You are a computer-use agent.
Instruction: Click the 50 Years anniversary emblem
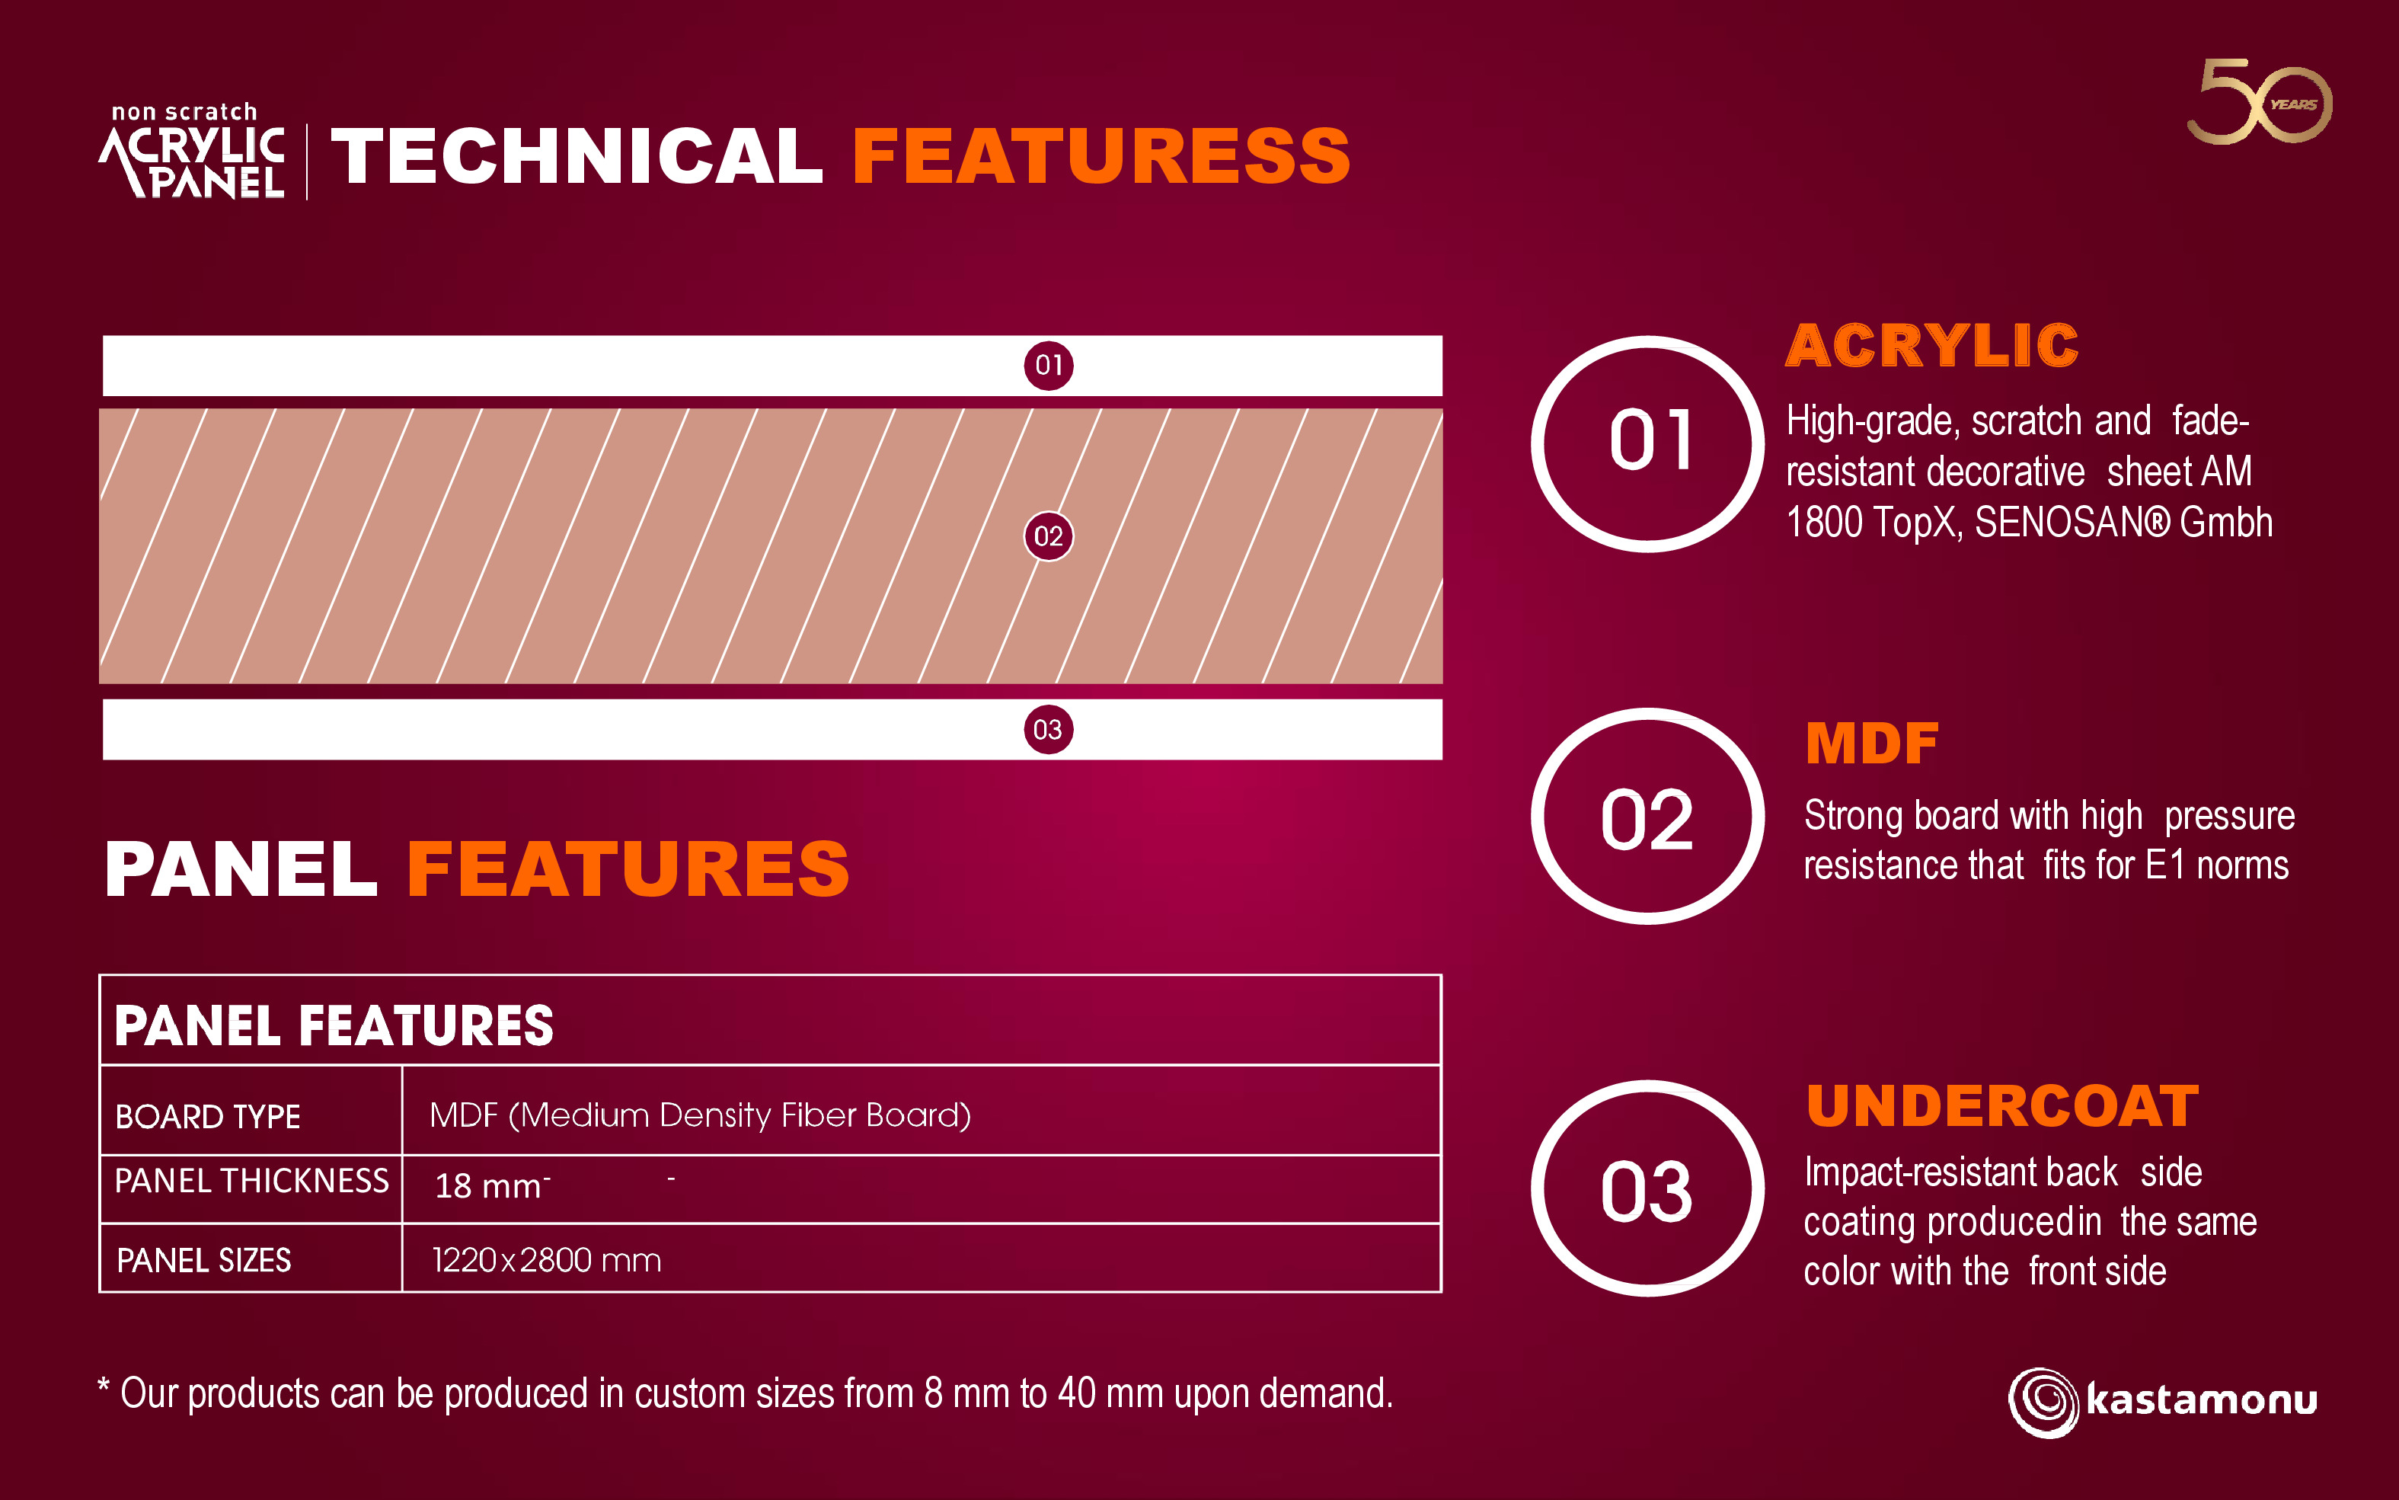point(2259,101)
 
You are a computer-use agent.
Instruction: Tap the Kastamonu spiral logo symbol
point(2043,1402)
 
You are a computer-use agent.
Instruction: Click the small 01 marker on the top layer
point(1048,365)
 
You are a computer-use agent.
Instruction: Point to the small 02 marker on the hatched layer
point(1048,537)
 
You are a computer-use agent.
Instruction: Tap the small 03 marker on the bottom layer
point(1048,730)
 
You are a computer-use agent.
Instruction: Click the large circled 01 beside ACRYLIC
point(1647,444)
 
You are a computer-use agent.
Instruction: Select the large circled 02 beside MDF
point(1647,817)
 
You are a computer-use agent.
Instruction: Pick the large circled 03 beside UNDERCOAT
point(1647,1188)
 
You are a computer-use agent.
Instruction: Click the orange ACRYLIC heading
point(1931,345)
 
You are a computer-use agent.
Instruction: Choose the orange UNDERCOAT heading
point(2002,1106)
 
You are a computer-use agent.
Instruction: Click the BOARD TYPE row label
point(207,1117)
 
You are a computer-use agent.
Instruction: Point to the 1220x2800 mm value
point(547,1260)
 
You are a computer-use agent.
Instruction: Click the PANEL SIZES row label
point(203,1260)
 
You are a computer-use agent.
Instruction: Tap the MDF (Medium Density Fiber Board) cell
point(700,1116)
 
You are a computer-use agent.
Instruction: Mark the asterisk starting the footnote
point(103,1386)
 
